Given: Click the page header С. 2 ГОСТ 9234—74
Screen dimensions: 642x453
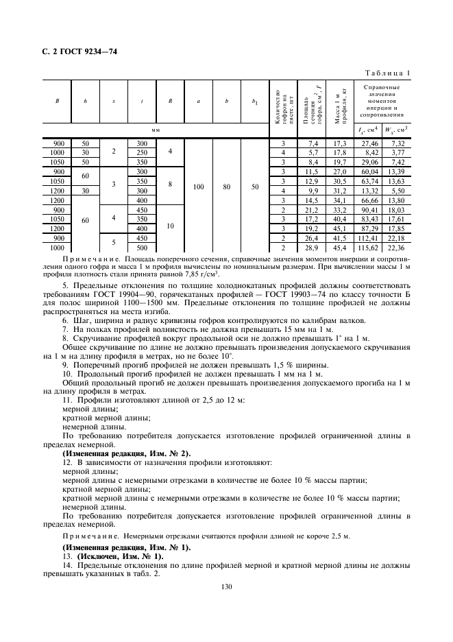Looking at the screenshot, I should coord(76,47).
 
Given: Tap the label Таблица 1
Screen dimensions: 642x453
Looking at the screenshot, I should coord(387,73).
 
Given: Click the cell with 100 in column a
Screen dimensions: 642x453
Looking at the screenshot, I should coord(198,186).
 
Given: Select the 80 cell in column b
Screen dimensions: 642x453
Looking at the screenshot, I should coord(226,186).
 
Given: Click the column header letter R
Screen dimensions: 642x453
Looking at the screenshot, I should coord(169,102).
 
